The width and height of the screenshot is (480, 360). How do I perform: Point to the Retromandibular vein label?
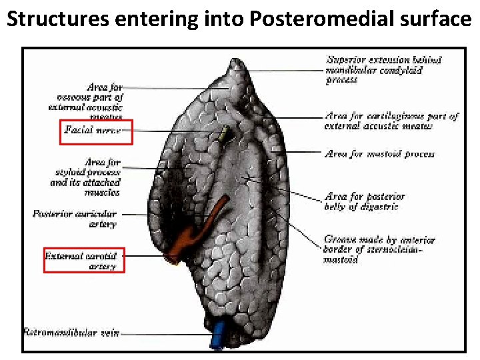coord(71,332)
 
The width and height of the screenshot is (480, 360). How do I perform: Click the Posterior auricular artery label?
coord(75,219)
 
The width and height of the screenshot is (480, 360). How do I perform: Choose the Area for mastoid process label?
coord(379,154)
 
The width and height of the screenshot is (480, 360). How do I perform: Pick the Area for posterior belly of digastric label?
coord(364,201)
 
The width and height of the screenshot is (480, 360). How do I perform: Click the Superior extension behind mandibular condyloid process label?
coord(383,70)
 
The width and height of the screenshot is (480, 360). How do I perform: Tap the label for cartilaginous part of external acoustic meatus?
coord(391,121)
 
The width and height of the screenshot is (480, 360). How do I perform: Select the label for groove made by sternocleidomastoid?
coord(379,249)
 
